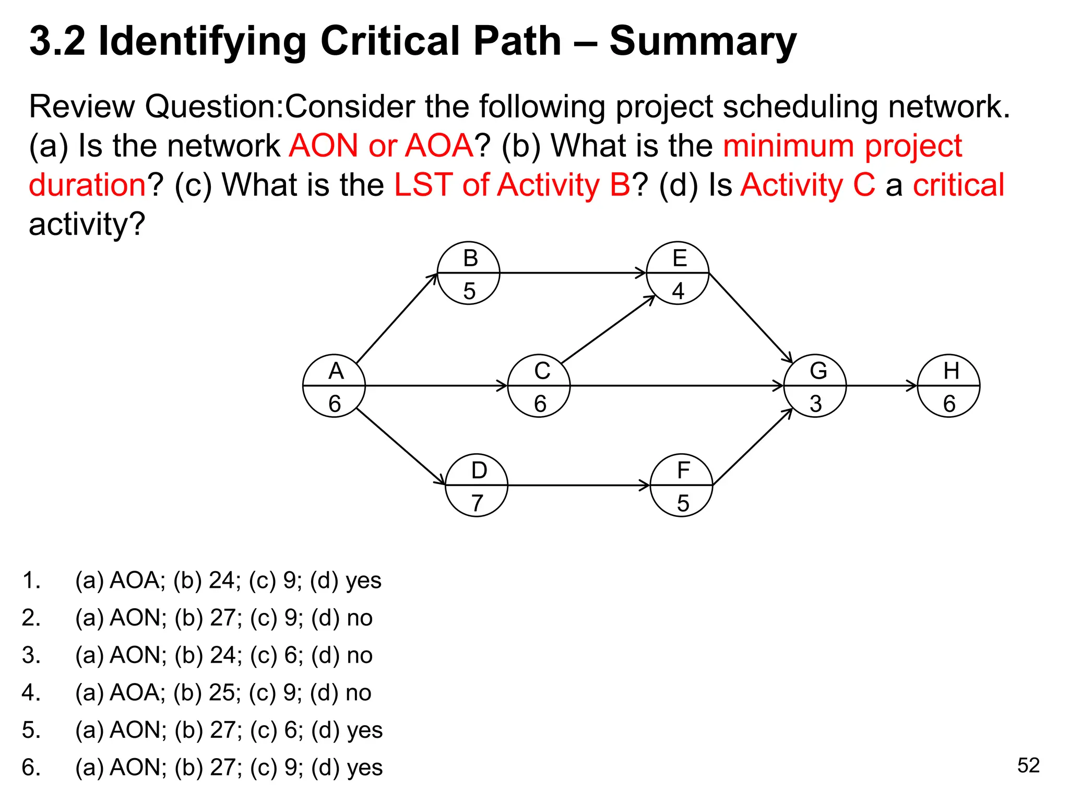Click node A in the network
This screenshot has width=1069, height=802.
click(334, 386)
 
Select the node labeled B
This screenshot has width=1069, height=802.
click(468, 273)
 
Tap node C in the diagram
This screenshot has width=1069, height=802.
click(539, 386)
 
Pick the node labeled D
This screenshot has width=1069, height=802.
click(477, 485)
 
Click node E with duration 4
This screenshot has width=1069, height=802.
click(678, 273)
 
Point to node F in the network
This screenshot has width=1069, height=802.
click(681, 485)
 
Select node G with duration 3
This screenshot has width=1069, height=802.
click(815, 386)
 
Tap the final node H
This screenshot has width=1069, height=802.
click(948, 386)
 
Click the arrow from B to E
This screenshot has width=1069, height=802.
click(573, 273)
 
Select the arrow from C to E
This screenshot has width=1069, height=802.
click(608, 329)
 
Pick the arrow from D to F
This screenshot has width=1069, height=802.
click(578, 485)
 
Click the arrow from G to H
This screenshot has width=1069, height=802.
click(881, 386)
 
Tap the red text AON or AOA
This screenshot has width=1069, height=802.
click(381, 145)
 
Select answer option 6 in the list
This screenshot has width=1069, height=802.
click(229, 767)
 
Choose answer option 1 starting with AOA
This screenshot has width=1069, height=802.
click(228, 580)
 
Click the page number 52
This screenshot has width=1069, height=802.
click(1028, 765)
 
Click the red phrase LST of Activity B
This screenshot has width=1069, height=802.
click(512, 185)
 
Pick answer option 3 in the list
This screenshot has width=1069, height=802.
click(223, 655)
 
